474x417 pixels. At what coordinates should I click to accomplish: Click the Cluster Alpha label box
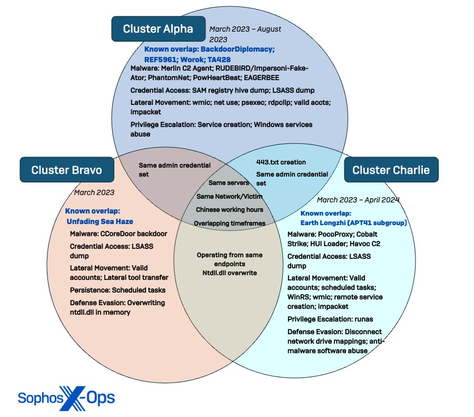157,29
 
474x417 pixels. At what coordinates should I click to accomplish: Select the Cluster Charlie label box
391,170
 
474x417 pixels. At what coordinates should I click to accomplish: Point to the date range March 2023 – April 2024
358,200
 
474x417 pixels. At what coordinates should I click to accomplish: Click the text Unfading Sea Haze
100,221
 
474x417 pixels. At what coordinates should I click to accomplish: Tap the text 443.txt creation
281,162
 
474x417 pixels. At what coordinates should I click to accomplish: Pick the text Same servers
229,183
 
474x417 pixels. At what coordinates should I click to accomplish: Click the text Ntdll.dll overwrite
230,273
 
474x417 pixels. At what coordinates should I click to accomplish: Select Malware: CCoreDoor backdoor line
118,234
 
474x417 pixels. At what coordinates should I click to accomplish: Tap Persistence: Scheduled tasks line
117,290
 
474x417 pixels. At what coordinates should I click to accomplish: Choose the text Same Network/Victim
229,196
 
